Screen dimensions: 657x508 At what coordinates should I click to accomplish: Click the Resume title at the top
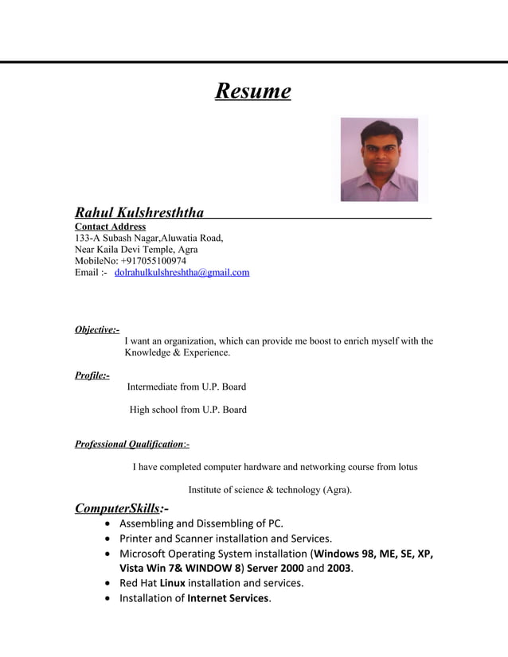pos(252,91)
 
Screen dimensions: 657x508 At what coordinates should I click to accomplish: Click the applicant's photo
pos(379,160)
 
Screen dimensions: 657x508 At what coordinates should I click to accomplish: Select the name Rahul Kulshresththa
pos(139,212)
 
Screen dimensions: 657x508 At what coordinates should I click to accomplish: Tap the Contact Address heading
pos(110,227)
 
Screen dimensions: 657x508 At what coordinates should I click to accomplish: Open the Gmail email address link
pos(182,272)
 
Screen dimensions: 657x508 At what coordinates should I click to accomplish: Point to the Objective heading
pos(96,329)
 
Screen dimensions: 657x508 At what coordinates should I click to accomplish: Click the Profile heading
pos(92,375)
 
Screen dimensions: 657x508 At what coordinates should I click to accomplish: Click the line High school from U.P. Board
pos(188,410)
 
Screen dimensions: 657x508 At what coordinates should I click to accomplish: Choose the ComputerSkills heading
pos(121,507)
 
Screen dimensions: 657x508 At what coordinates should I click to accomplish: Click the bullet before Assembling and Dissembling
pos(108,524)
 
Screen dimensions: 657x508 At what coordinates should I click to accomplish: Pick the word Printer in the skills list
pos(137,538)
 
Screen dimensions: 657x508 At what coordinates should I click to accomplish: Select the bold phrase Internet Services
pos(228,598)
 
